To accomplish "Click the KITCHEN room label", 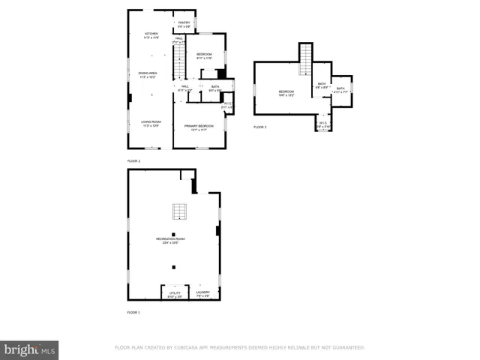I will coord(151,34).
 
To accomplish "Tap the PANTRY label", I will coord(184,23).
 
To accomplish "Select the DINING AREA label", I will coord(151,73).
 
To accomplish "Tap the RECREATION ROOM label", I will coord(171,239).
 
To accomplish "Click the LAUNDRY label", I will coord(202,293).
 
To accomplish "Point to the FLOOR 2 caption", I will coord(133,161).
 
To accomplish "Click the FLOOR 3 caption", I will coord(259,127).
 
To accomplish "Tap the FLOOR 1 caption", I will coord(133,312).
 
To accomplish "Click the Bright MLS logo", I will coord(30,349).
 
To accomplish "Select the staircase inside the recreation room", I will coord(178,211).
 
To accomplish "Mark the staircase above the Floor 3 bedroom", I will coord(306,60).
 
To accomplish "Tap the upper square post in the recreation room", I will coord(173,234).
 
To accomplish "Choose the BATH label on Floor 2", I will coord(214,87).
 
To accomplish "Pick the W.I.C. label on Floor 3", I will coord(322,124).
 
